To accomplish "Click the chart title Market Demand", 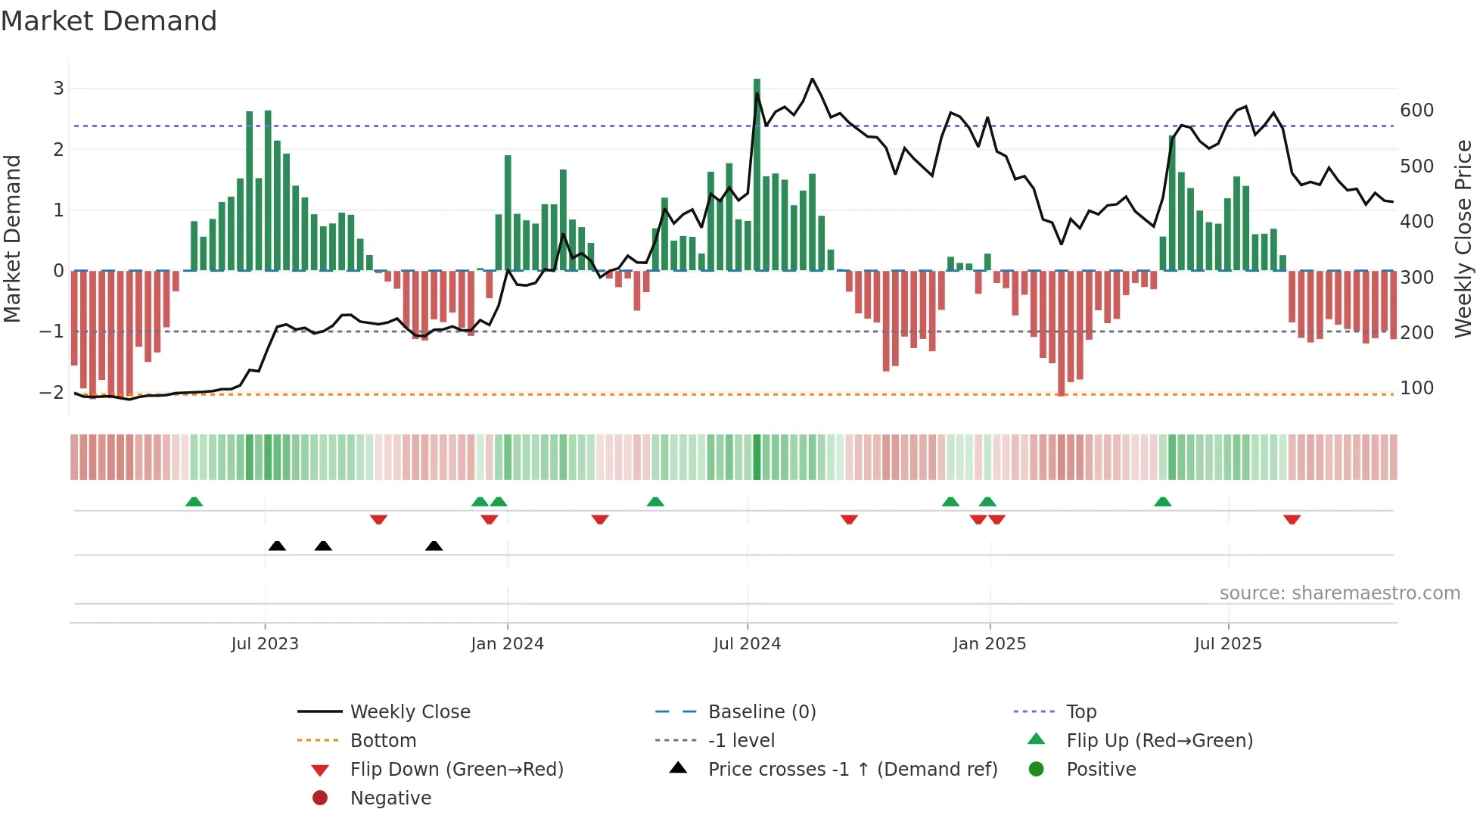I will [x=109, y=21].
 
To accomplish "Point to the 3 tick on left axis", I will [x=58, y=89].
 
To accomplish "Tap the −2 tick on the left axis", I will [x=51, y=393].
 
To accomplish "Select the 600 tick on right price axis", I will [x=1416, y=110].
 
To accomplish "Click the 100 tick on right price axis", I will [x=1416, y=388].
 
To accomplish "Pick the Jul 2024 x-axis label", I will [x=747, y=644].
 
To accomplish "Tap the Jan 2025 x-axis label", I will [x=989, y=644].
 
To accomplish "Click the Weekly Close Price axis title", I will [x=1463, y=238].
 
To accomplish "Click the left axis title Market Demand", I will [x=13, y=238].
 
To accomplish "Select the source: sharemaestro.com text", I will [x=1339, y=593].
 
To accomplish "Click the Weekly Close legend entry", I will [x=410, y=712].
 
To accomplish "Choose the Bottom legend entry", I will [x=383, y=741].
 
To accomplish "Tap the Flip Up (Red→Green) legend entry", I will [x=1159, y=741].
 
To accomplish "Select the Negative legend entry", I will [x=390, y=798].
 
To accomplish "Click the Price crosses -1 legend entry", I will [x=852, y=770].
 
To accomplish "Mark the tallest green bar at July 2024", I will [x=757, y=174].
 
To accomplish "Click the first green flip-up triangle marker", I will [x=194, y=502].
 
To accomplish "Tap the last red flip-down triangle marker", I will [x=1292, y=519].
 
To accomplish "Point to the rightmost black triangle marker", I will [x=434, y=546].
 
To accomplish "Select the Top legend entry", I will [x=1081, y=712].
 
